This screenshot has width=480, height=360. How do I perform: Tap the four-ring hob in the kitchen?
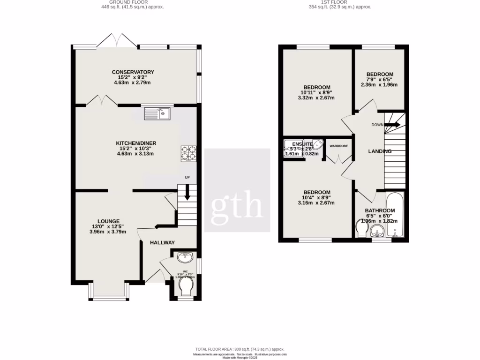(x=188, y=154)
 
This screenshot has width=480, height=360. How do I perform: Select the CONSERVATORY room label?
(x=133, y=72)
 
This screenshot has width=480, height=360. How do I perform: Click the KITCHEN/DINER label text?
(x=136, y=143)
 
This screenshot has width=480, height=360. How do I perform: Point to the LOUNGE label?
(x=108, y=221)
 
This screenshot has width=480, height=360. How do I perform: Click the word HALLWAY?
(x=162, y=242)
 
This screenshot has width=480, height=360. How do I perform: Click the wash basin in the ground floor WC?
(x=186, y=257)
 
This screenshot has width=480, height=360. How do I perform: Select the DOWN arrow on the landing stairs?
(x=392, y=125)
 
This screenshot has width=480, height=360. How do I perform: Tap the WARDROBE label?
(x=338, y=146)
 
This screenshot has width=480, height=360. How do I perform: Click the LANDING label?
(x=380, y=151)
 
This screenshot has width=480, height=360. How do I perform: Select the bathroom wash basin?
(x=377, y=231)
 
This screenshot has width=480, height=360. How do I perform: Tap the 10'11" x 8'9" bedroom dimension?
(x=317, y=93)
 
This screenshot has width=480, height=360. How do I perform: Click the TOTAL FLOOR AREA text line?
(x=240, y=350)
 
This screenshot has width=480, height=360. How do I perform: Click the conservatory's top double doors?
(x=117, y=41)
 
